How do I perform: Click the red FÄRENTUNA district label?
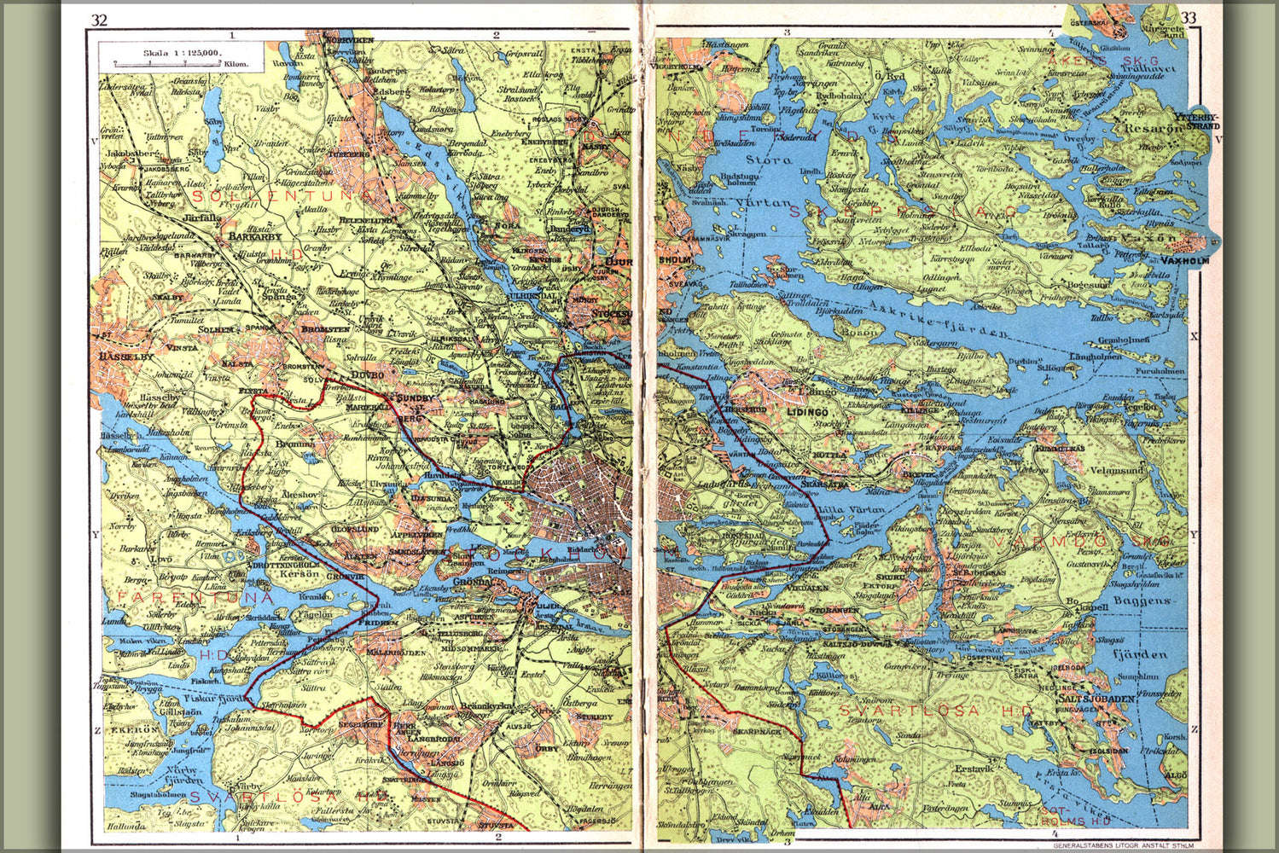pos(196,598)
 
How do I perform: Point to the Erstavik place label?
pos(974,769)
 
